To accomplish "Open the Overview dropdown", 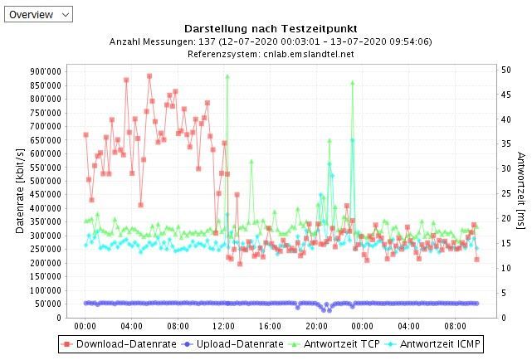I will tap(38, 14).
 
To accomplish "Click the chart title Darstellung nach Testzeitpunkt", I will tap(270, 28).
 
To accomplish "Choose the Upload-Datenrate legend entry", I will tap(227, 343).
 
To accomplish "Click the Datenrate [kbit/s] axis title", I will tap(19, 192).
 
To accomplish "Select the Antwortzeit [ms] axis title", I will tap(521, 192).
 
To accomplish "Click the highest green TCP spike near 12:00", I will tap(227, 76).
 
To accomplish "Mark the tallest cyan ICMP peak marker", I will tap(352, 140).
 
